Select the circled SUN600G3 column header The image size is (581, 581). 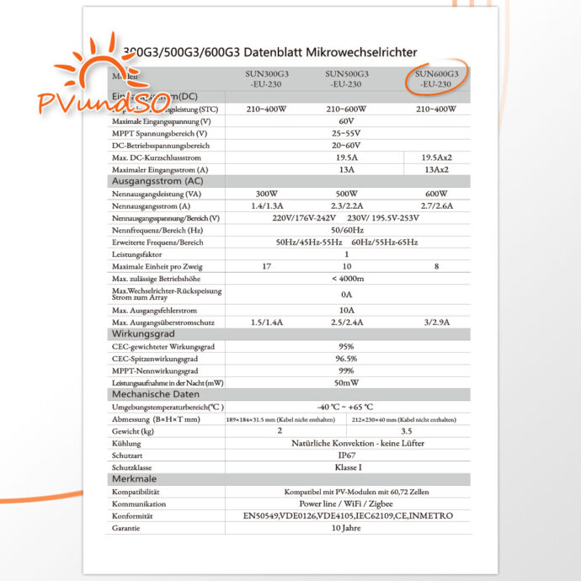[x=437, y=79]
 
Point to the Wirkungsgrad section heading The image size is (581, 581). [x=142, y=334]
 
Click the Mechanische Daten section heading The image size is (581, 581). [x=156, y=394]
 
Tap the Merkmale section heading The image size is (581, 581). [x=135, y=477]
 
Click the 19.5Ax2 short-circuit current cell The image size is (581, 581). [x=435, y=157]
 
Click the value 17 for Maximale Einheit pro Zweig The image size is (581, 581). [x=266, y=266]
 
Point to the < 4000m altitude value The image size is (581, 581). [x=346, y=279]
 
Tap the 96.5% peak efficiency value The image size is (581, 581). [x=345, y=358]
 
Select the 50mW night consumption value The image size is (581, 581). [x=345, y=382]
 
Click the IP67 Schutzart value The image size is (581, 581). [x=345, y=454]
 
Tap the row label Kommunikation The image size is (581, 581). [x=140, y=504]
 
